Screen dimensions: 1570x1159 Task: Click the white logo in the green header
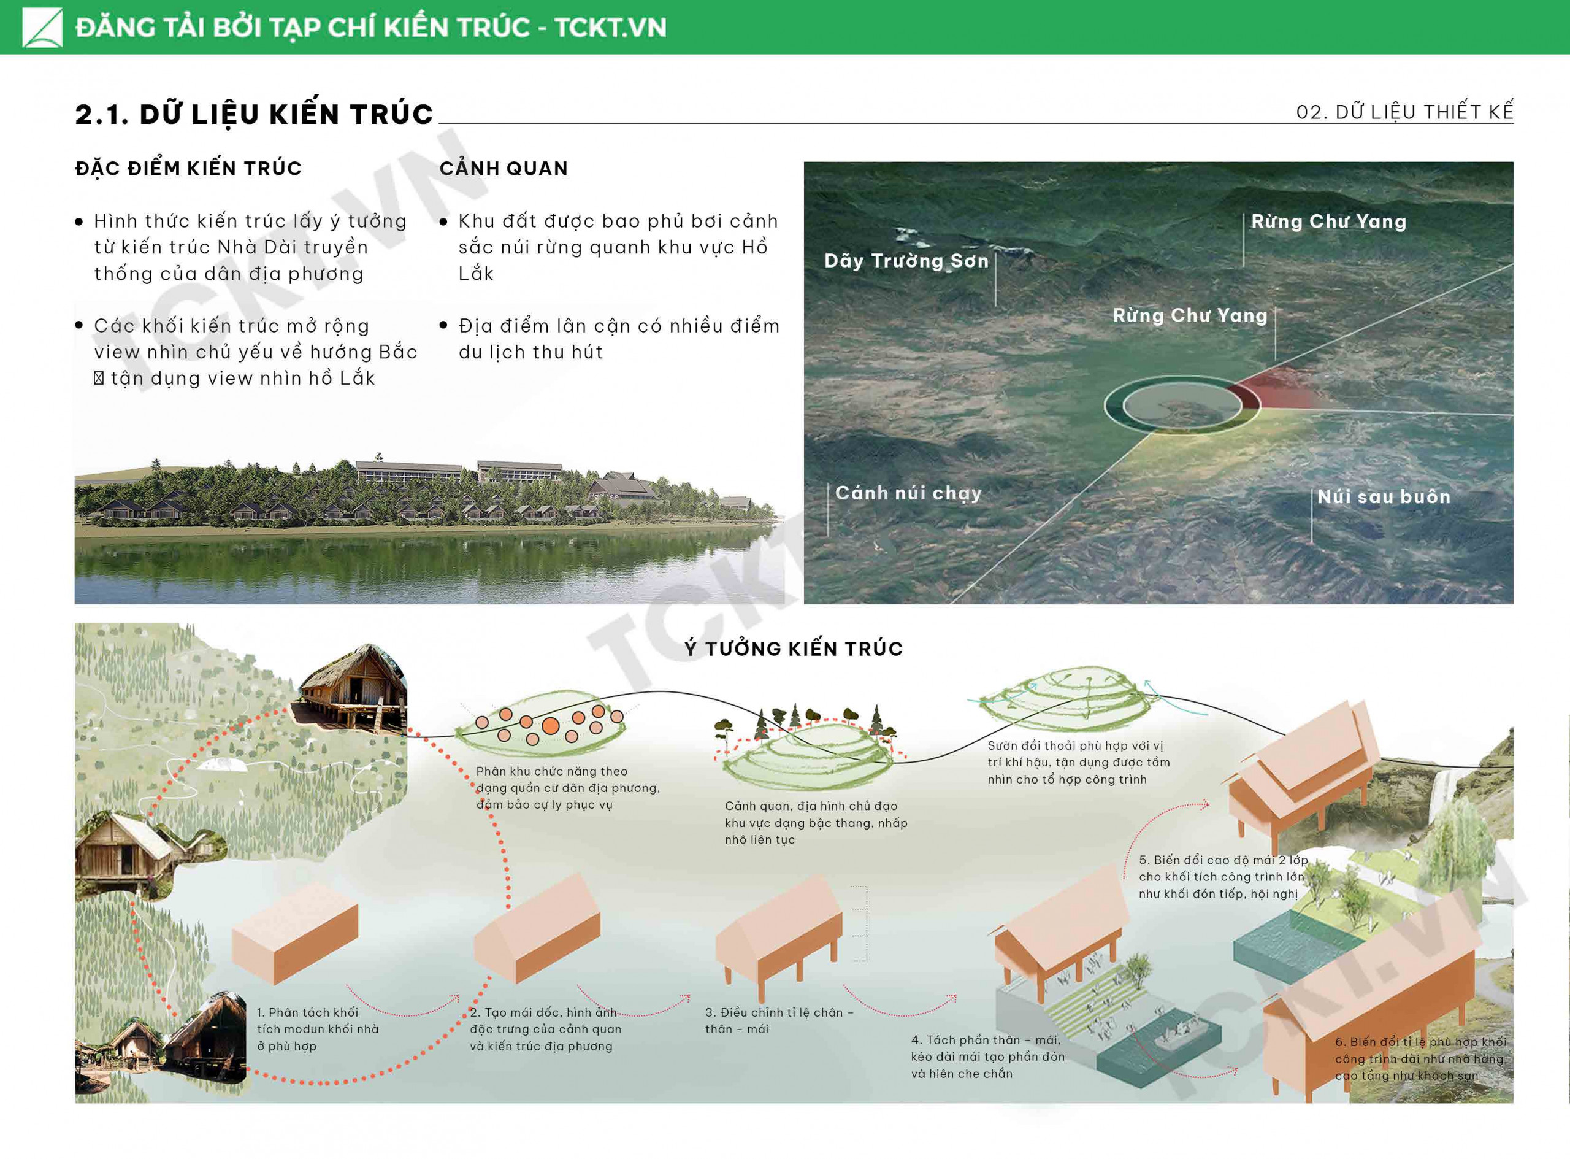[x=42, y=28]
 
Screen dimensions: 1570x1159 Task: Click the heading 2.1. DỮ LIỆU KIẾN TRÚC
[x=254, y=114]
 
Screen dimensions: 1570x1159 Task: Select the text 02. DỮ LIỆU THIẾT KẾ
[x=1404, y=112]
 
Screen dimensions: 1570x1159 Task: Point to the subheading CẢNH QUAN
[x=504, y=168]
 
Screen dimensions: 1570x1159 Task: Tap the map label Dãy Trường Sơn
[x=906, y=260]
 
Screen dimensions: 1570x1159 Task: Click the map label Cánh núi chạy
[x=908, y=493]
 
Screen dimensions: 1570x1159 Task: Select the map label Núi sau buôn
[x=1384, y=497]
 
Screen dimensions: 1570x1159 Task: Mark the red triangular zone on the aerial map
[x=1273, y=388]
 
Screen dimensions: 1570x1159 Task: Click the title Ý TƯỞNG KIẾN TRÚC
[x=794, y=649]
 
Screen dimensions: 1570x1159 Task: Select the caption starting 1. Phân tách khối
[x=318, y=1029]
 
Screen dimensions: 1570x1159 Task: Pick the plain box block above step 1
[x=294, y=933]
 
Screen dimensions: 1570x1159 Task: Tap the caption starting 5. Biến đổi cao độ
[x=1223, y=876]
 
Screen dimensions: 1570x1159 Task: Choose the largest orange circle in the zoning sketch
[x=551, y=725]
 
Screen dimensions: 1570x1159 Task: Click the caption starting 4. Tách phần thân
[x=987, y=1057]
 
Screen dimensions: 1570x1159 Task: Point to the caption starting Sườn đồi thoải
[x=1078, y=762]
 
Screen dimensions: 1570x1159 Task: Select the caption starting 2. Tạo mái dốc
[x=546, y=1029]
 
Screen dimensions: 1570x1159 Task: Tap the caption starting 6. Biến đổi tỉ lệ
[x=1420, y=1058]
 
